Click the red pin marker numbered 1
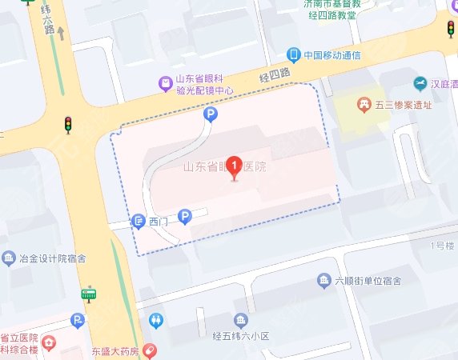coord(234,166)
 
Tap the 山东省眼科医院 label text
coord(224,168)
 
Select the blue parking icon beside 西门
coord(185,216)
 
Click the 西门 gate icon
coord(138,221)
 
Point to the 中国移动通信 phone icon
coord(294,55)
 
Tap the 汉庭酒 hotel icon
coord(420,84)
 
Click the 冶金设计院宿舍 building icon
coord(9,258)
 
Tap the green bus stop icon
coord(89,295)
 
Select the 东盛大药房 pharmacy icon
coord(151,351)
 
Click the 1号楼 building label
coord(441,245)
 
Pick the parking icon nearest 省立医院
coord(78,322)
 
